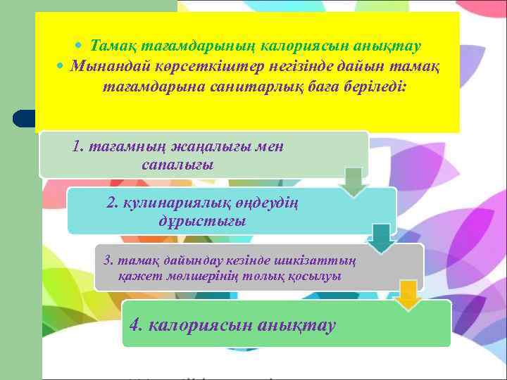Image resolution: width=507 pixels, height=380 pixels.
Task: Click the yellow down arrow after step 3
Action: tap(408, 296)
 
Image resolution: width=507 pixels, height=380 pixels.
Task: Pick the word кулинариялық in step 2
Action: tap(161, 203)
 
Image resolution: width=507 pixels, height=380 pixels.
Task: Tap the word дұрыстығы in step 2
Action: tap(203, 222)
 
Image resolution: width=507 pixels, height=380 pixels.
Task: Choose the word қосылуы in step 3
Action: tap(316, 277)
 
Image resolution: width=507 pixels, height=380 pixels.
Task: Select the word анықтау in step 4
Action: tap(296, 325)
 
